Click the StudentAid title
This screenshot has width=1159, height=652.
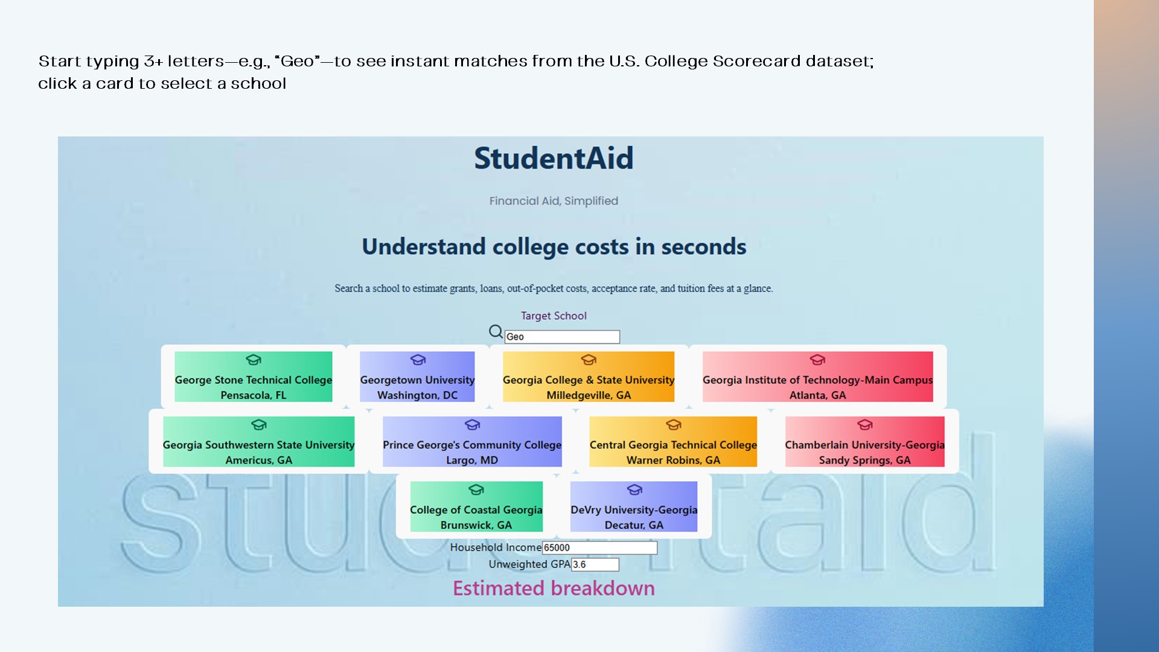click(x=554, y=158)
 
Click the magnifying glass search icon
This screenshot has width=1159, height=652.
click(x=496, y=331)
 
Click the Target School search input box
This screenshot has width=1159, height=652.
click(x=562, y=337)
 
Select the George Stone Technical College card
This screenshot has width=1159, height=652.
click(x=254, y=377)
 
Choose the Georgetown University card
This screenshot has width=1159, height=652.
click(x=417, y=377)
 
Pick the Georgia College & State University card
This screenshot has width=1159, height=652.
click(x=589, y=377)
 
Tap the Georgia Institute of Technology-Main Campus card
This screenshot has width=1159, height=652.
click(x=817, y=377)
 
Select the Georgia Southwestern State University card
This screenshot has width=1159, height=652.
click(x=258, y=441)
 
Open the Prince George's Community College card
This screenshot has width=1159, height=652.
click(x=472, y=441)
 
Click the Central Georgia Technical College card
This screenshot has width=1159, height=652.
click(x=673, y=441)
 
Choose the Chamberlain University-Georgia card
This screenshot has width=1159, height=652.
click(x=864, y=441)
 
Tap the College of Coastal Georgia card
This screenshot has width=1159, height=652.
click(x=476, y=507)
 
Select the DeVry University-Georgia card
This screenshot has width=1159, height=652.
click(x=634, y=507)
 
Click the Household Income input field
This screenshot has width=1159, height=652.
click(x=599, y=548)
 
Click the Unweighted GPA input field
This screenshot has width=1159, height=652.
click(x=595, y=564)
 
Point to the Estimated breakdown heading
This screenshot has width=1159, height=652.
click(x=554, y=588)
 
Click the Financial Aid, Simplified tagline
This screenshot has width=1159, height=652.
click(x=554, y=201)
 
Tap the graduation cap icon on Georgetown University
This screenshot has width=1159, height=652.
click(x=418, y=360)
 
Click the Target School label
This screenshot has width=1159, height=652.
click(x=554, y=316)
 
